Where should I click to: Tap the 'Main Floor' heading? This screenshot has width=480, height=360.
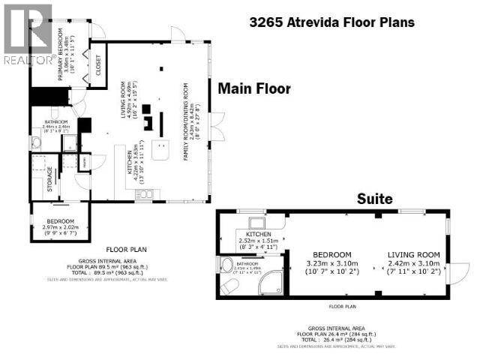tap(253, 88)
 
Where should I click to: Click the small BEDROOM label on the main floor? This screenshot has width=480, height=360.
tap(59, 222)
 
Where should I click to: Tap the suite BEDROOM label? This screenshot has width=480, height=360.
tap(333, 254)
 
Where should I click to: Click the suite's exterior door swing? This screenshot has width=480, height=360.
tap(459, 271)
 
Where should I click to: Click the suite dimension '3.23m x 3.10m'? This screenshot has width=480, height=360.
tap(333, 264)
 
